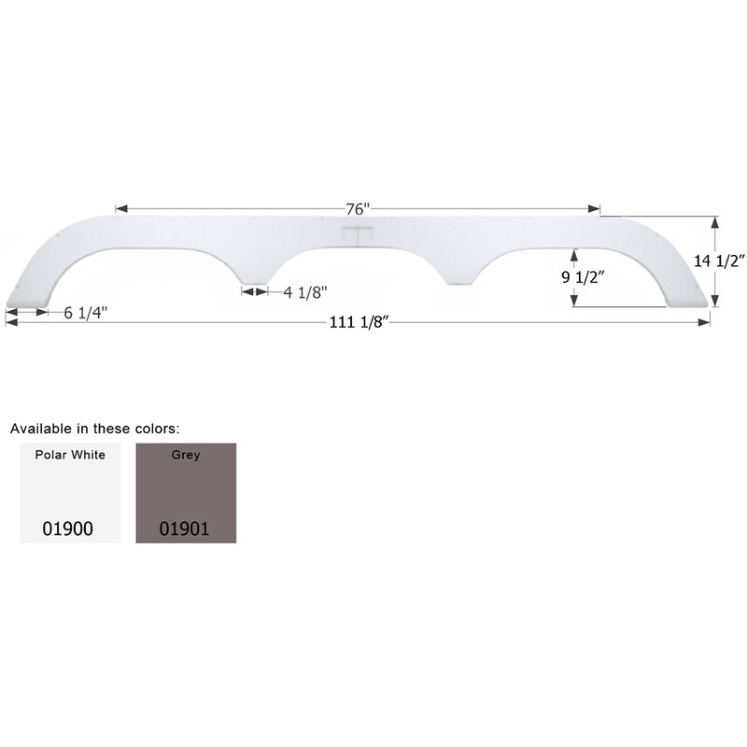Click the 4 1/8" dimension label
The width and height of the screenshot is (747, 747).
click(x=305, y=291)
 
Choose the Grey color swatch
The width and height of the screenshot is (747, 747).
click(x=186, y=493)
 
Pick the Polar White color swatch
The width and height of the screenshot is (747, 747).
click(x=70, y=493)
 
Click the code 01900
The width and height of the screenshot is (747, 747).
click(x=69, y=528)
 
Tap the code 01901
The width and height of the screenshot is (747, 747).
click(x=185, y=528)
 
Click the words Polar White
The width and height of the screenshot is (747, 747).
click(x=70, y=456)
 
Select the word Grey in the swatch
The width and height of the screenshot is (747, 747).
click(x=186, y=456)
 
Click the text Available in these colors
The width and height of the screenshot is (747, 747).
click(x=94, y=429)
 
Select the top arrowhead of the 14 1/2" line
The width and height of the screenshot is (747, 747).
click(x=716, y=221)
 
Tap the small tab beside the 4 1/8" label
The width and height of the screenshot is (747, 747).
click(x=254, y=283)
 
